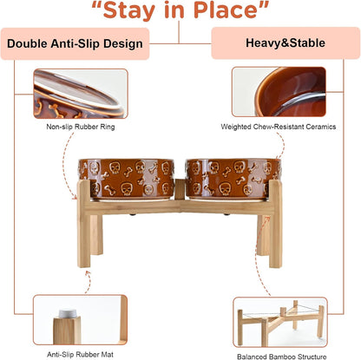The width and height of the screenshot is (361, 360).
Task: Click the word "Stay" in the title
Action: coord(129,10)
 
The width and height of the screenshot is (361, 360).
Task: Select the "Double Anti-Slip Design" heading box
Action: coord(75,43)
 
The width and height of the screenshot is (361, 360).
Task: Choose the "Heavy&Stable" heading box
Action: coord(286,43)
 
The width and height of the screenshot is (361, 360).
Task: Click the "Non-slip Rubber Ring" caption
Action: coord(81,127)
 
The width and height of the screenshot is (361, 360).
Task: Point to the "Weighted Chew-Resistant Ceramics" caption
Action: coord(279,127)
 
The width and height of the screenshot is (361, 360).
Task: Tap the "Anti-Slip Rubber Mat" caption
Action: coord(80,354)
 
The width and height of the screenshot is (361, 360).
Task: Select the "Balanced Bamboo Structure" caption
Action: coord(282,357)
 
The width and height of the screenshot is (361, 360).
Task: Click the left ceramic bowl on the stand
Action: coord(127,180)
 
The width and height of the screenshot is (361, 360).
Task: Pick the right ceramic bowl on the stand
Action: coord(233,180)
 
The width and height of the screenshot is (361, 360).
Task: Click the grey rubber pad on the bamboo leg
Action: coord(68,313)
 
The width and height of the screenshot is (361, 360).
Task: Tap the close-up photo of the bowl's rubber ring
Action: coord(81,94)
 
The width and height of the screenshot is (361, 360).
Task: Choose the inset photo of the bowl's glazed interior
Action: coord(279,92)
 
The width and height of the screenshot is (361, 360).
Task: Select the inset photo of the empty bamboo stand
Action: coord(280,322)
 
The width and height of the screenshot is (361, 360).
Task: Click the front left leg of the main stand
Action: coord(84,224)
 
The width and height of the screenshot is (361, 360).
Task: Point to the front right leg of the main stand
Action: coord(276,224)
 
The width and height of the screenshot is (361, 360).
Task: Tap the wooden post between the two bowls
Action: coord(180,189)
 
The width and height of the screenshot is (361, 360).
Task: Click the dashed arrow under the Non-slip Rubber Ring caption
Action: coord(66,165)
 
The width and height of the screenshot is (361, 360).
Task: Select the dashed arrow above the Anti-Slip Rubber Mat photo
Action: coord(88,283)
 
